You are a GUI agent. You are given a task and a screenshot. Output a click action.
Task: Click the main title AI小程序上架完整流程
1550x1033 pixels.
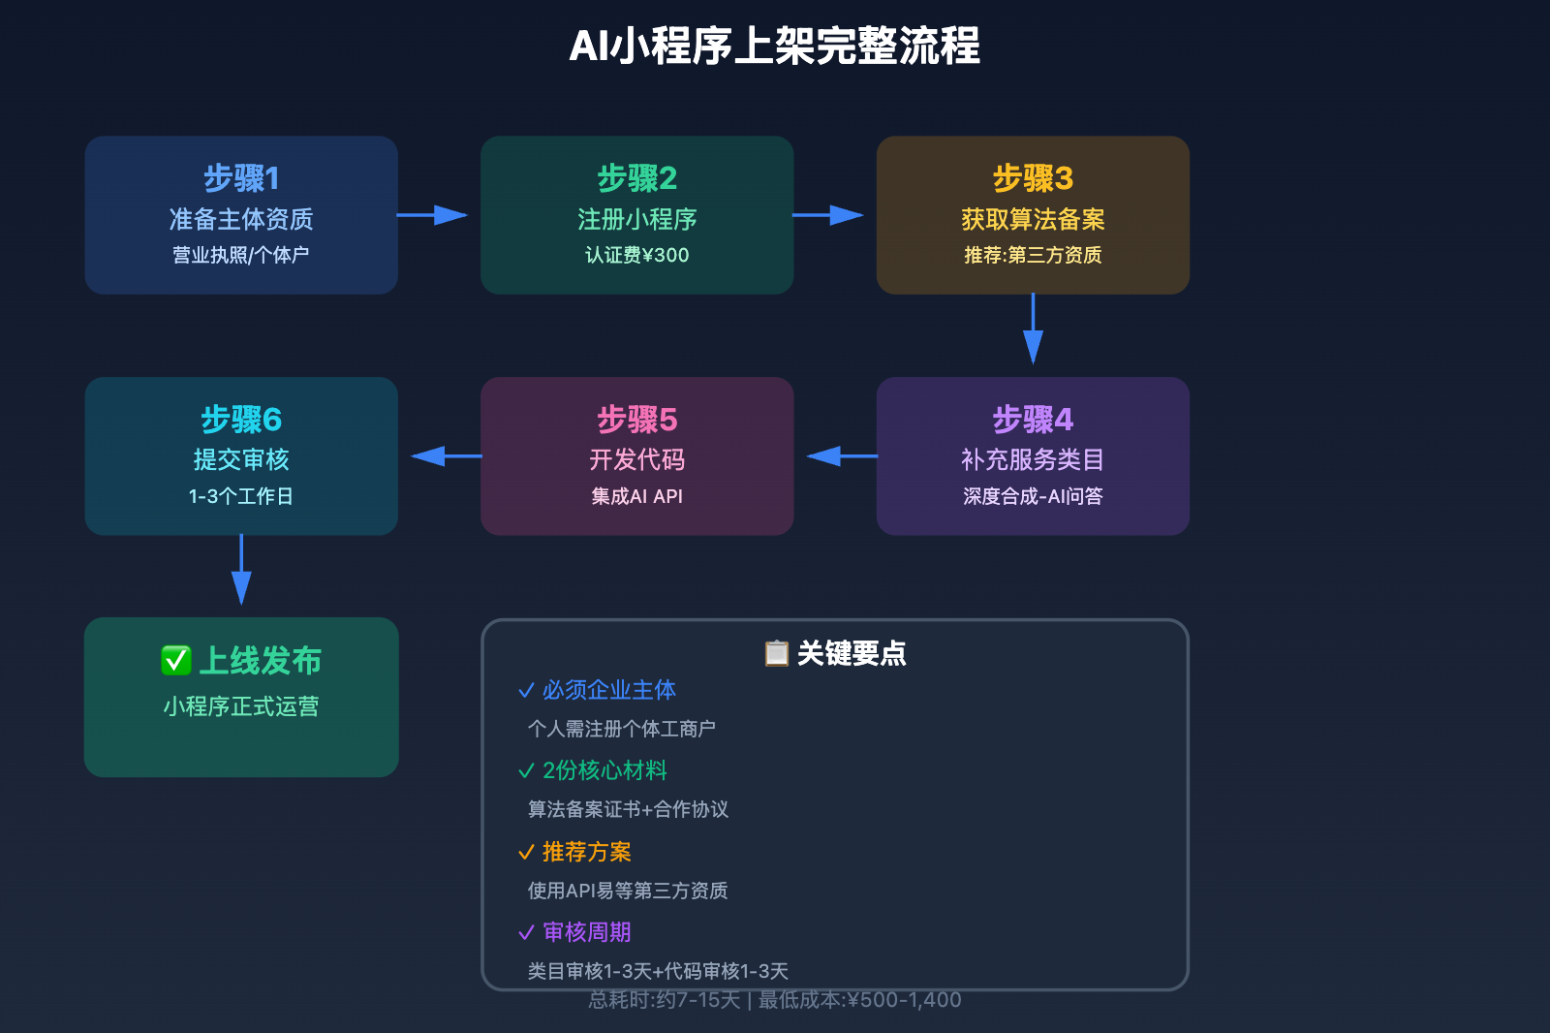pyautogui.click(x=774, y=46)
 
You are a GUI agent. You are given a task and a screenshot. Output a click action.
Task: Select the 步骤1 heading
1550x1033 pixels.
pyautogui.click(x=241, y=178)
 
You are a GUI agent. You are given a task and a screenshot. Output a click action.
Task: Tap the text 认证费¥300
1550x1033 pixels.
pyautogui.click(x=636, y=255)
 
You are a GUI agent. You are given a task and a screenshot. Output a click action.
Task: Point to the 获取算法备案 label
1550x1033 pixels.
pyautogui.click(x=1033, y=219)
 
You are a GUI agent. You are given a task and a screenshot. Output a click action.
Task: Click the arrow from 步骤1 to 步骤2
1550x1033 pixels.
pyautogui.click(x=433, y=214)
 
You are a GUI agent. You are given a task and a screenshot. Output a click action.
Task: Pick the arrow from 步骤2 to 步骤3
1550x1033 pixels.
pyautogui.click(x=828, y=214)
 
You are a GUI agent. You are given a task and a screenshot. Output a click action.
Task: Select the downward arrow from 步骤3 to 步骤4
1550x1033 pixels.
pyautogui.click(x=1033, y=329)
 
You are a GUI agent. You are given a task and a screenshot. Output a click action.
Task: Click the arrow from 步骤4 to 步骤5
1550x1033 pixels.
pyautogui.click(x=841, y=455)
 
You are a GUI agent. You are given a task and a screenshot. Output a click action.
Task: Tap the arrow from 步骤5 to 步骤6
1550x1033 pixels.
pyautogui.click(x=446, y=455)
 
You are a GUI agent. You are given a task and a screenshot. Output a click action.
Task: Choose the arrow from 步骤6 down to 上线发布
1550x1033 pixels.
pyautogui.click(x=241, y=571)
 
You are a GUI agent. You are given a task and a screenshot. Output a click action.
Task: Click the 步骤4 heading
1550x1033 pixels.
pyautogui.click(x=1033, y=420)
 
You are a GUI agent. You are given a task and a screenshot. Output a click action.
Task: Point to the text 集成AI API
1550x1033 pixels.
pyautogui.click(x=636, y=496)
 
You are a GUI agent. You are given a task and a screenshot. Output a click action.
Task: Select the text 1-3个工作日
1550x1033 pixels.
pyautogui.click(x=241, y=496)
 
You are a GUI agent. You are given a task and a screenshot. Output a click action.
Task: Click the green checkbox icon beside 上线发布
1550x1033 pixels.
pyautogui.click(x=175, y=660)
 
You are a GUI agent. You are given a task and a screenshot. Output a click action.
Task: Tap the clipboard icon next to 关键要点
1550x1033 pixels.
pyautogui.click(x=776, y=653)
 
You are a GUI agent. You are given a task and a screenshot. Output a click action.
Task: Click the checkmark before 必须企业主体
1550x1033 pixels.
pyautogui.click(x=526, y=690)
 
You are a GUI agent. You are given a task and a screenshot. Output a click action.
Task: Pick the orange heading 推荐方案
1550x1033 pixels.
pyautogui.click(x=586, y=852)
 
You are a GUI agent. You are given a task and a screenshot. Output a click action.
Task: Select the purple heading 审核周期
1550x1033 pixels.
pyautogui.click(x=586, y=932)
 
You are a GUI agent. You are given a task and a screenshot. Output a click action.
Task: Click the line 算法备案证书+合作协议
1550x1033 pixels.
pyautogui.click(x=628, y=809)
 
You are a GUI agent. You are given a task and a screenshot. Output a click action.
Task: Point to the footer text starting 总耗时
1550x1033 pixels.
pyautogui.click(x=774, y=1000)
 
